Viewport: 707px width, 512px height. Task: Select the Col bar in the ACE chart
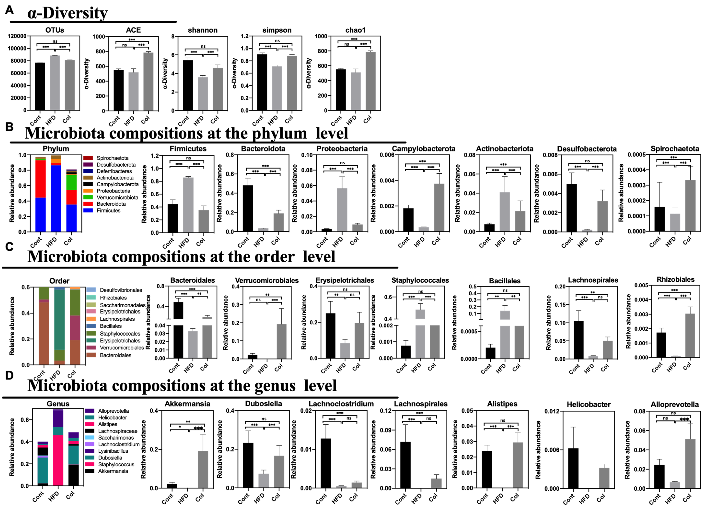point(148,82)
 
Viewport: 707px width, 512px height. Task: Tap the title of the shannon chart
point(203,30)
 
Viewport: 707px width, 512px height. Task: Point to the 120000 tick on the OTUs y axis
point(17,36)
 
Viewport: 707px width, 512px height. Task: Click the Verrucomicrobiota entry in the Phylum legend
point(117,197)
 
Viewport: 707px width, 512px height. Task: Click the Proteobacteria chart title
point(342,149)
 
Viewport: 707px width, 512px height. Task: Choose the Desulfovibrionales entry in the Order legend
point(121,290)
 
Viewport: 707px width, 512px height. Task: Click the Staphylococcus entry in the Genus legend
point(116,464)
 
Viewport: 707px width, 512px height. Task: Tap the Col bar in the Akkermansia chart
point(203,469)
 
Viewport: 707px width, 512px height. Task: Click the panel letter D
point(9,375)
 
